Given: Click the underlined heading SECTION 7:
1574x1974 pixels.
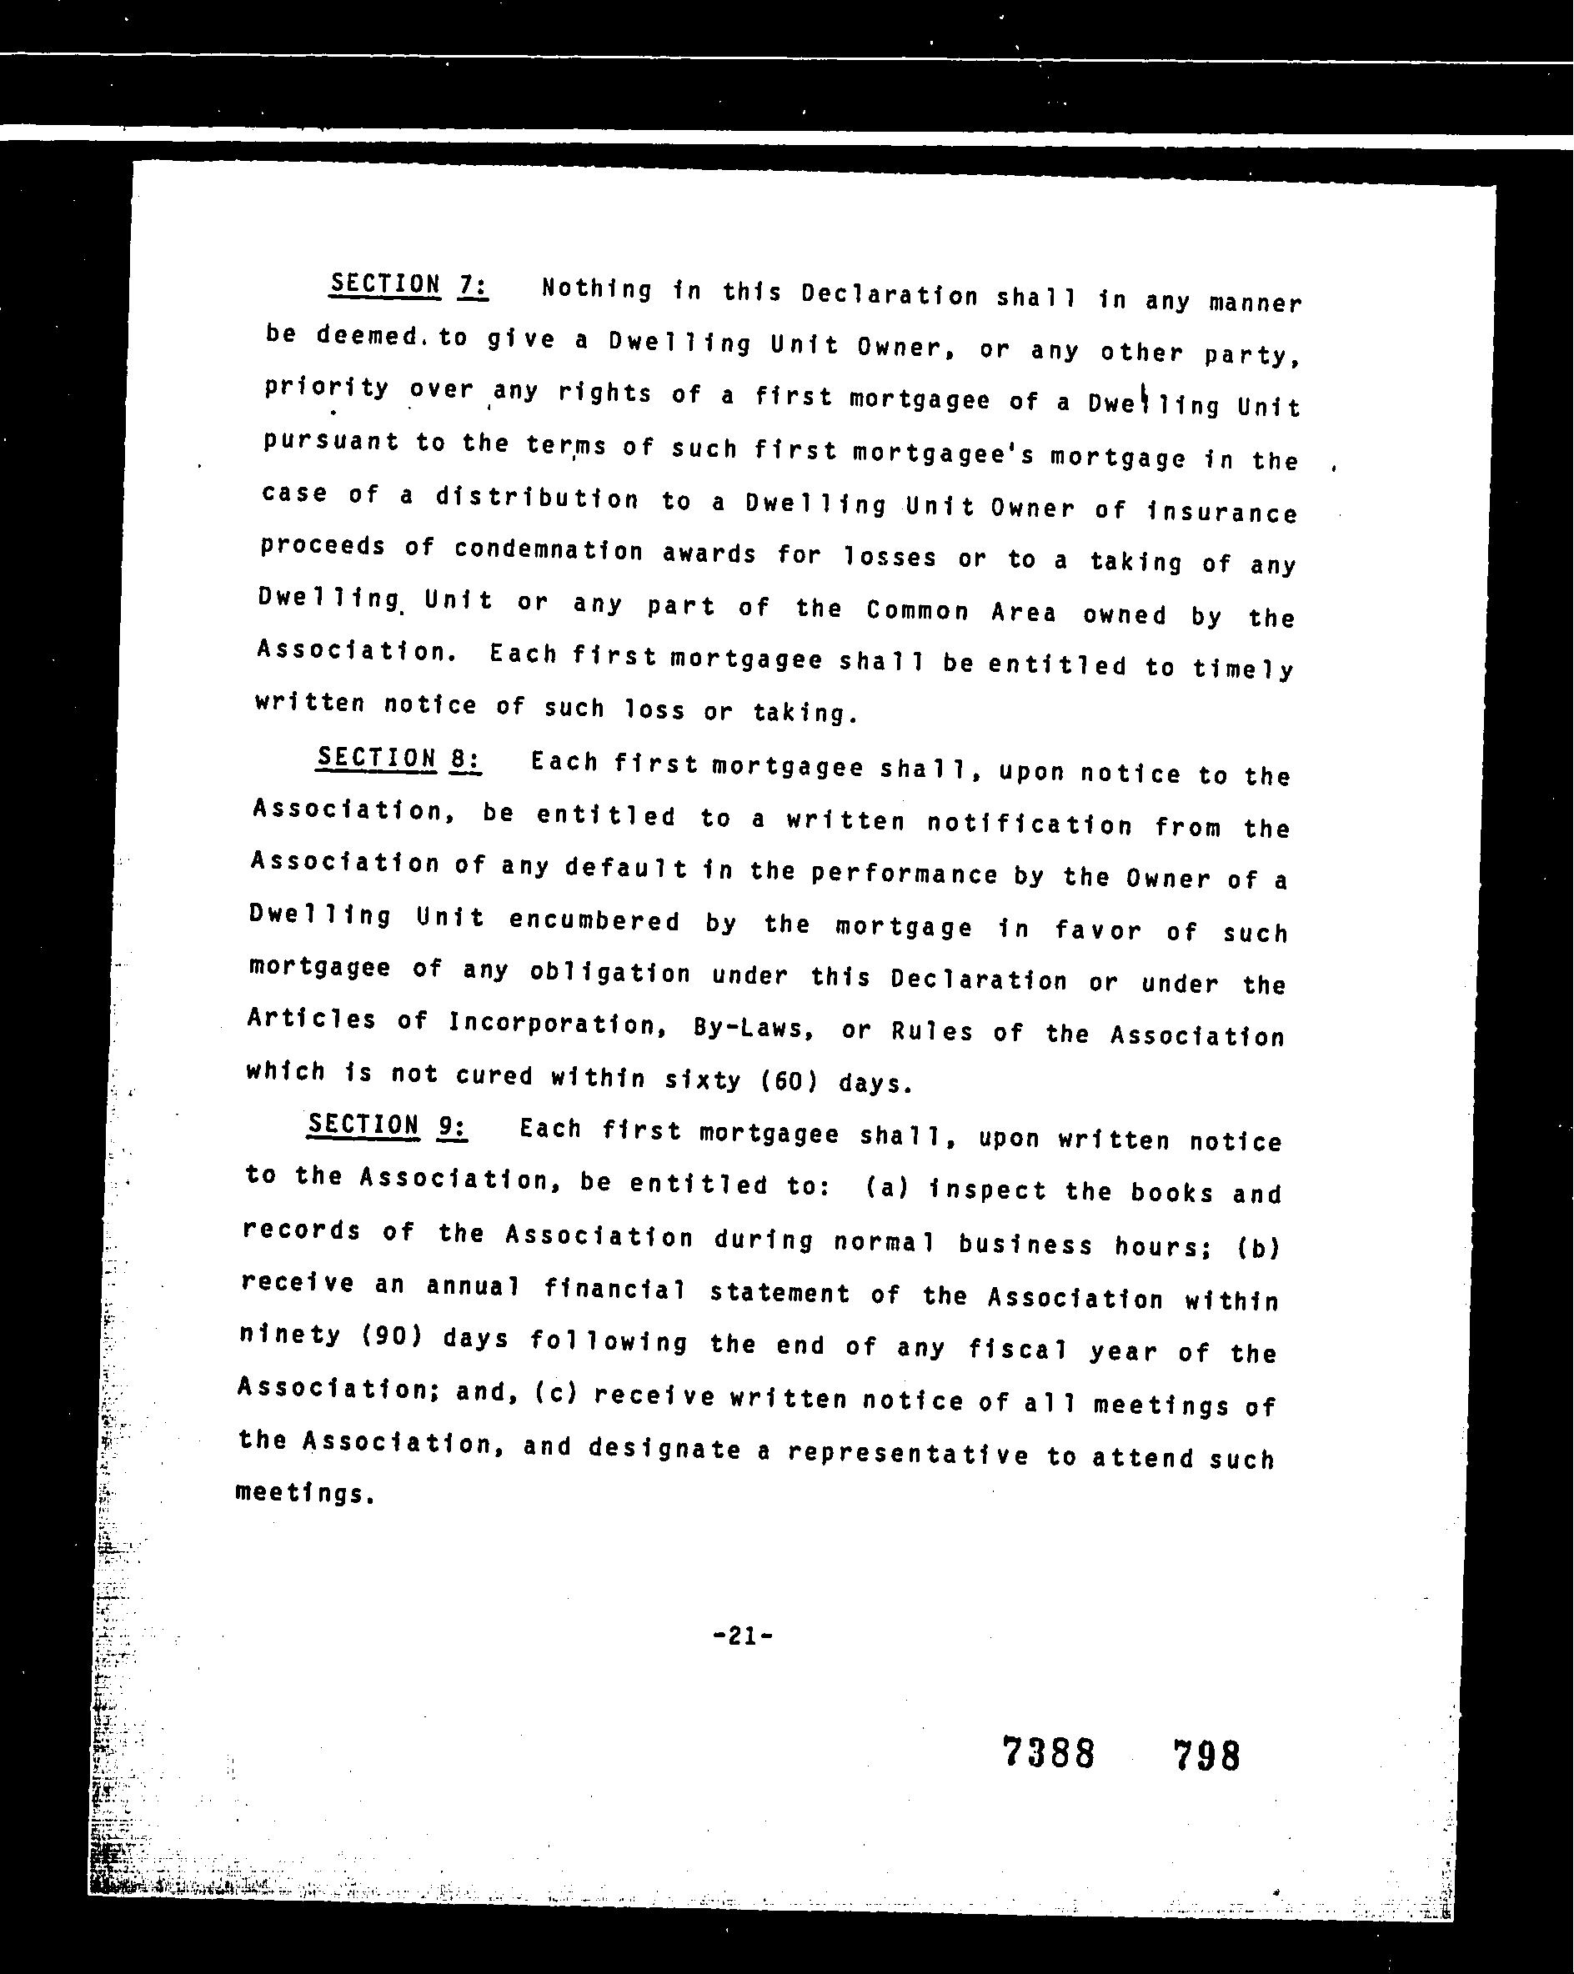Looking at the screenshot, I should point(409,285).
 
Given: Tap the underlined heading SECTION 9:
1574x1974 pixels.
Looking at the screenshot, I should point(388,1125).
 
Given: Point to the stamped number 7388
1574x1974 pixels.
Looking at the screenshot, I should point(1049,1754).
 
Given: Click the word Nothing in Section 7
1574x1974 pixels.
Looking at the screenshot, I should point(596,290).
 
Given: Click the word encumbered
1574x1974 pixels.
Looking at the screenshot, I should point(594,921).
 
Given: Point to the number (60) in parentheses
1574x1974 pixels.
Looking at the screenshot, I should point(790,1081).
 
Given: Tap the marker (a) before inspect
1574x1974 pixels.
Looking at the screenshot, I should point(886,1189).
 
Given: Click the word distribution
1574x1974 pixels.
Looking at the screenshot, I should point(537,499).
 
